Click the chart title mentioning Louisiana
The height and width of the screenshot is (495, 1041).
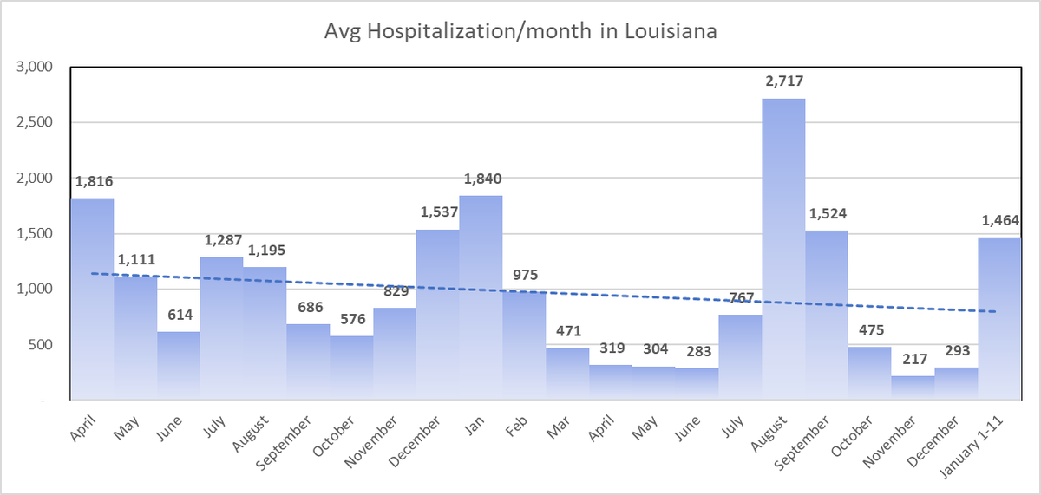520,32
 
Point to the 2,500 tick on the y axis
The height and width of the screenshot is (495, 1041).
36,122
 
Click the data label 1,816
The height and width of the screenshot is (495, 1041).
94,182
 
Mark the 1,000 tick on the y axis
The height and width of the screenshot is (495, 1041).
36,289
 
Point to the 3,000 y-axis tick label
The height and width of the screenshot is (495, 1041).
36,67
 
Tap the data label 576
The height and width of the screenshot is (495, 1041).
350,319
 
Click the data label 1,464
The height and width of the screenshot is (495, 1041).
999,220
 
